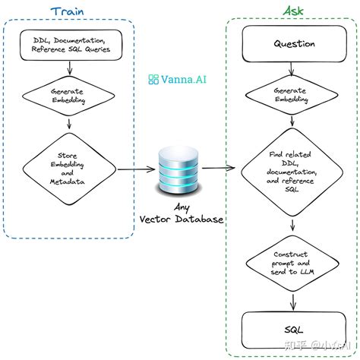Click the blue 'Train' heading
click(69, 11)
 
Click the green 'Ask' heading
click(293, 11)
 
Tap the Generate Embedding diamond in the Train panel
click(69, 95)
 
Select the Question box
click(293, 44)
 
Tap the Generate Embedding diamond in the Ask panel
click(293, 95)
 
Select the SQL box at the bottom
click(293, 328)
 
